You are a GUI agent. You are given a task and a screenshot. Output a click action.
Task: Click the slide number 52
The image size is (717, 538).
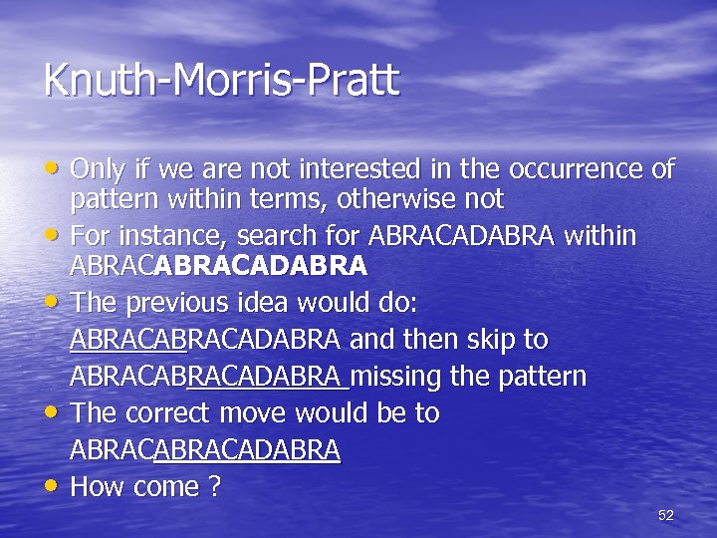click(x=666, y=515)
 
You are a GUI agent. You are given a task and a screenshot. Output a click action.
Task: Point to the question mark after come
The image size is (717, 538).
click(x=211, y=487)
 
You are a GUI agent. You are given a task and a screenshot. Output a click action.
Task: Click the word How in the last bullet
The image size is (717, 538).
click(x=96, y=487)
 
